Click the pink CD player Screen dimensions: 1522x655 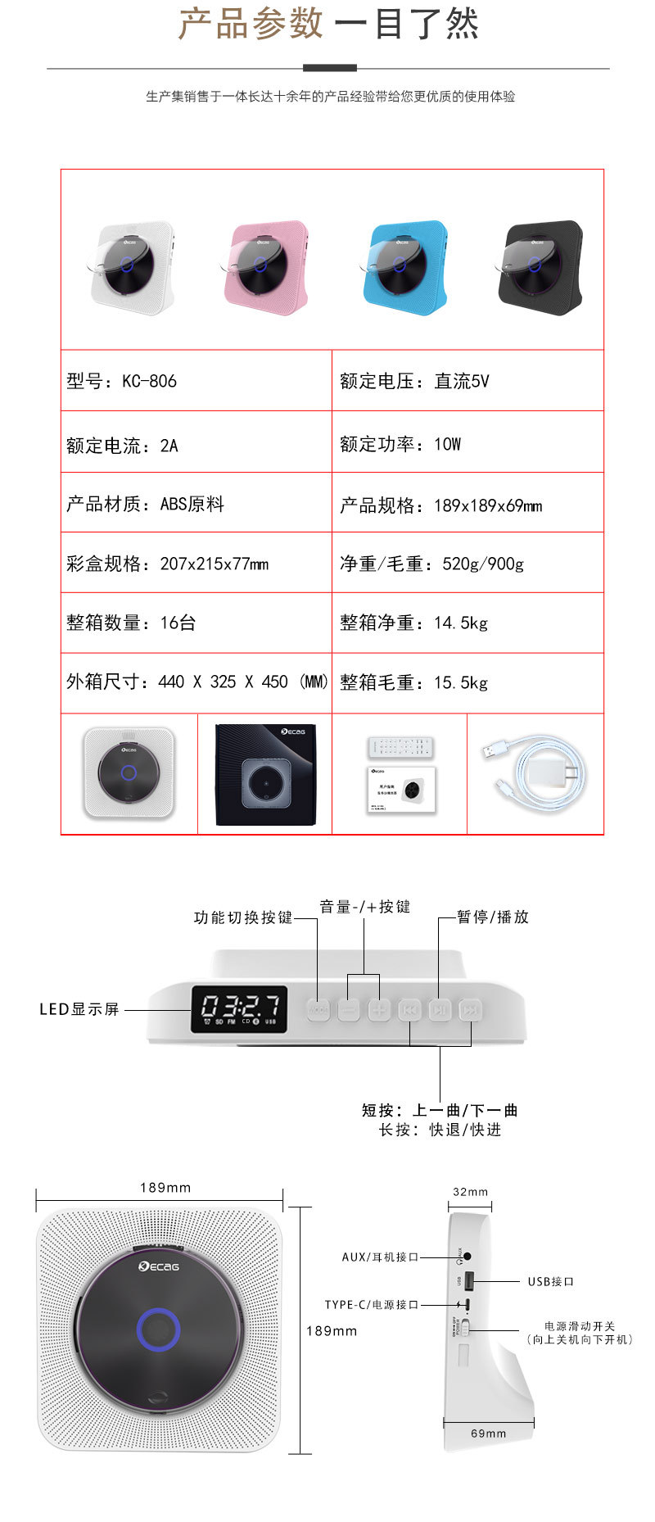tap(266, 265)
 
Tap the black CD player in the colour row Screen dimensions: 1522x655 tap(540, 265)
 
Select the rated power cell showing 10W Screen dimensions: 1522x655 tap(400, 444)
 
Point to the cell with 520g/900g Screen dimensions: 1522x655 tap(431, 564)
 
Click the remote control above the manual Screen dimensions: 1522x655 tap(401, 747)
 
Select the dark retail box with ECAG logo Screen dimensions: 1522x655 tap(264, 774)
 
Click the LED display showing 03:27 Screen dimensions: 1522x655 tap(240, 1008)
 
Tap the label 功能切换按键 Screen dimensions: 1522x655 tap(243, 917)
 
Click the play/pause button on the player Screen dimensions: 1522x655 tap(440, 1010)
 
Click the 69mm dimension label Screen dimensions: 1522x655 tap(489, 1433)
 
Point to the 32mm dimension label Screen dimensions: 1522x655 tap(470, 1192)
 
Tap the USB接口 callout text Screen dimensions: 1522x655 tap(551, 1281)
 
